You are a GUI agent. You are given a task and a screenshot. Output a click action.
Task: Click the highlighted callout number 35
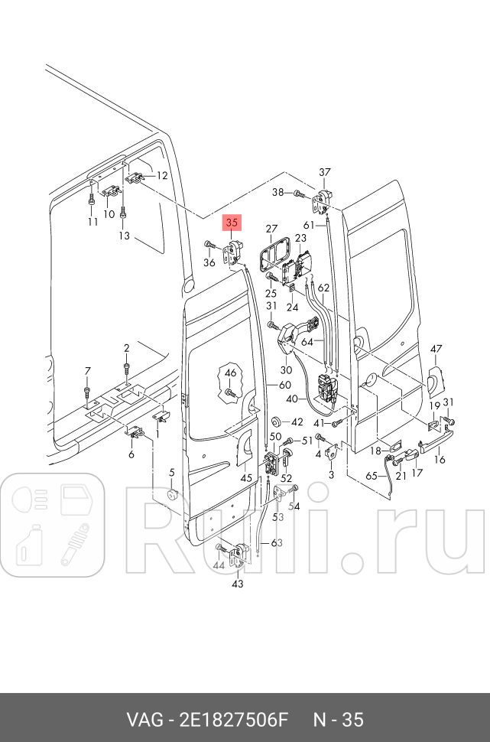coord(232,223)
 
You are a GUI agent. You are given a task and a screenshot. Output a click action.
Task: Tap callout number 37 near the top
coord(325,171)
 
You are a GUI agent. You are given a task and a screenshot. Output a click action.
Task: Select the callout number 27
coord(271,229)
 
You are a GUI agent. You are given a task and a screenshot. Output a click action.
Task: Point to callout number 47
coord(436,349)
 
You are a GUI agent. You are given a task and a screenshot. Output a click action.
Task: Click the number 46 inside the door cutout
coord(230,373)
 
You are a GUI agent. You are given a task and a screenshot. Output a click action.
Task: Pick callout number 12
coord(161,176)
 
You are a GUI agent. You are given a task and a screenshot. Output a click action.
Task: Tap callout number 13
coord(125,236)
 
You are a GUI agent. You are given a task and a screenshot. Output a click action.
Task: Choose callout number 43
coord(238,584)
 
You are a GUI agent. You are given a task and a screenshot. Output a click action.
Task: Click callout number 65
coord(372,475)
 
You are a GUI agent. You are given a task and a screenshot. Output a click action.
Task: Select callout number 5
coord(172,472)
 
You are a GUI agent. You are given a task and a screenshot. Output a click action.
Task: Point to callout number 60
coord(284,385)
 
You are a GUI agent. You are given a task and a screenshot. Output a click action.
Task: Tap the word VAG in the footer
coord(143,720)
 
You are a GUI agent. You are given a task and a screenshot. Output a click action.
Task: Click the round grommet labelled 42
coord(276,422)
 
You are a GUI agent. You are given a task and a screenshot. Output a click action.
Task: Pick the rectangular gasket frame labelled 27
coord(271,253)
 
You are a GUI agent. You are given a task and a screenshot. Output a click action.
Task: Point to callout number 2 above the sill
coord(127,348)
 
